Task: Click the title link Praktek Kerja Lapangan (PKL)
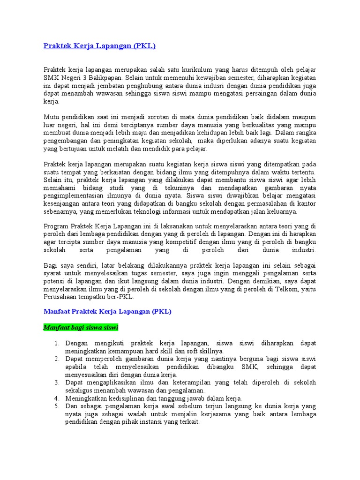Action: click(99, 46)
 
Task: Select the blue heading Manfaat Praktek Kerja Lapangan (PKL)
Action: click(107, 311)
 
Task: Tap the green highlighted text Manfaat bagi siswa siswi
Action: click(81, 326)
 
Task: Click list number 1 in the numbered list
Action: click(56, 343)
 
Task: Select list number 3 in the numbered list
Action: click(56, 382)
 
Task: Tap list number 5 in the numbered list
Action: click(56, 406)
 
